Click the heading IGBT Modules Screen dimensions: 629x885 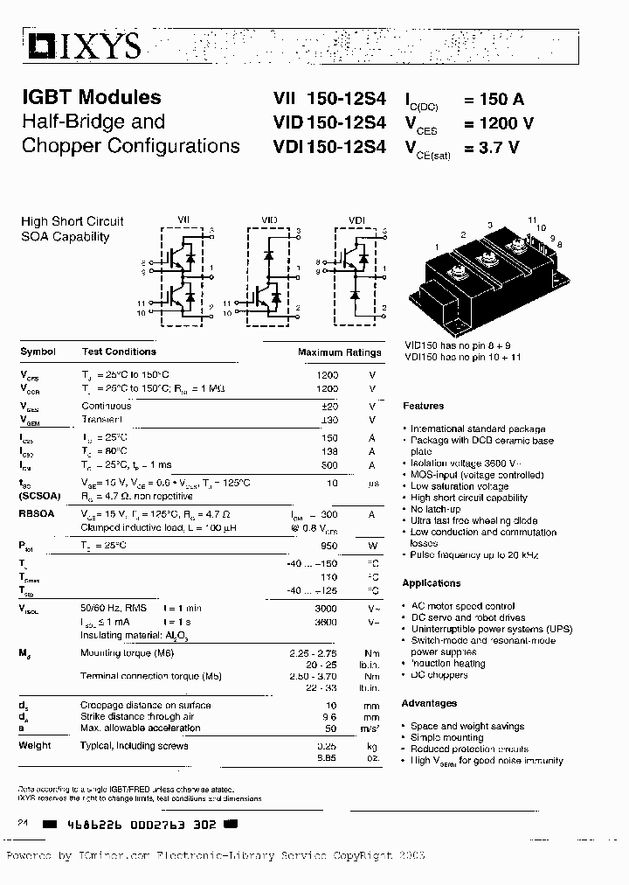point(91,98)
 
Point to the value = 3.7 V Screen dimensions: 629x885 point(492,148)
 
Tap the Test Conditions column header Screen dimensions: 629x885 point(119,352)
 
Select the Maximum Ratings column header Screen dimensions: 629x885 point(340,352)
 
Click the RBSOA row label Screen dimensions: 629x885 point(38,515)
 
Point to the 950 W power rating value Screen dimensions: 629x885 point(328,545)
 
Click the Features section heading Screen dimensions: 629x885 point(424,406)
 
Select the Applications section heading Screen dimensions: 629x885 point(431,583)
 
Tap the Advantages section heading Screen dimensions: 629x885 point(429,703)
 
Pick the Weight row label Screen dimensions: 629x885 point(35,745)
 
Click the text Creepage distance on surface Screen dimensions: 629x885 point(145,705)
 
